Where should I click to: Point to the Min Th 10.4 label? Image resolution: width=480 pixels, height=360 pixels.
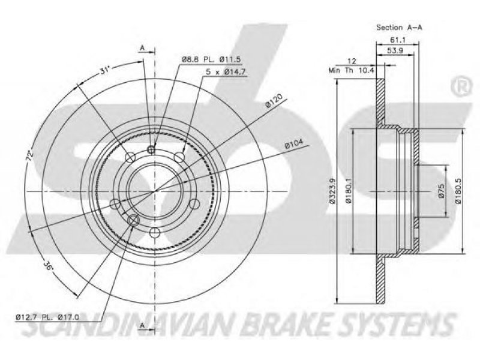click(351, 70)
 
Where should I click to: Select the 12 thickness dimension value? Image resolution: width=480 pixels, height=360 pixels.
click(352, 61)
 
